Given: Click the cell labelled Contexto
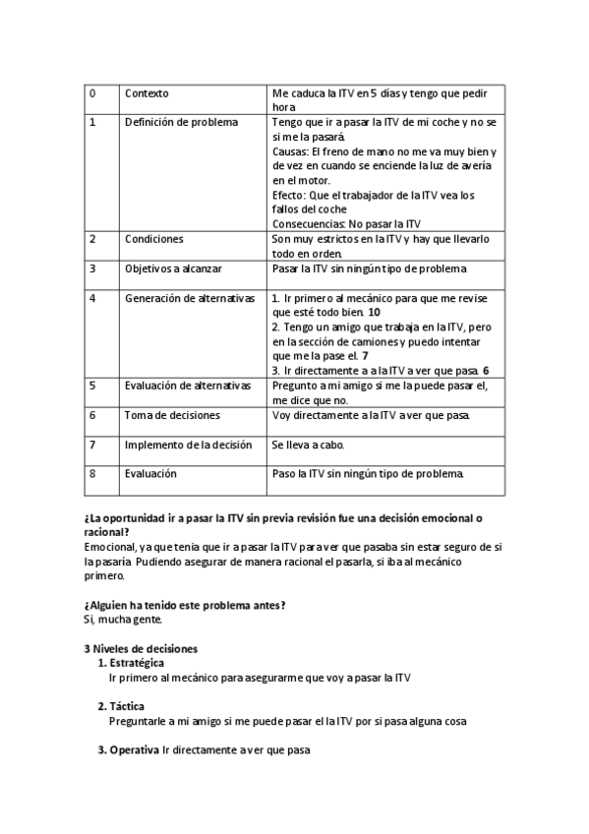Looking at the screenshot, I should click(147, 93).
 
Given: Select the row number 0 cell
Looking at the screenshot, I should click(92, 93).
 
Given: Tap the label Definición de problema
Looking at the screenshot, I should click(181, 123).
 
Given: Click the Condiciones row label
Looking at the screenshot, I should click(154, 239).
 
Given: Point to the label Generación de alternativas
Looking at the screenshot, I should click(190, 298).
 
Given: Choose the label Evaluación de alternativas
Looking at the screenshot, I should click(188, 386).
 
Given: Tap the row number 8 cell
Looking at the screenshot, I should click(92, 473).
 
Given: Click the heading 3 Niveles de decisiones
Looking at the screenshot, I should click(141, 649).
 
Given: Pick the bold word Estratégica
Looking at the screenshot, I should click(138, 664).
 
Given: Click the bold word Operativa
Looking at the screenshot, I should click(134, 751).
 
